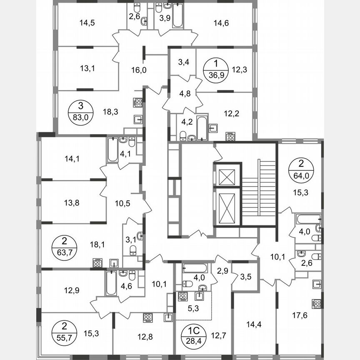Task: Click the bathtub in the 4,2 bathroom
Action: (x=202, y=128)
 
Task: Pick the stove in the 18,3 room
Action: (x=138, y=102)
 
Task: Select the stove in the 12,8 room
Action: (x=148, y=317)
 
